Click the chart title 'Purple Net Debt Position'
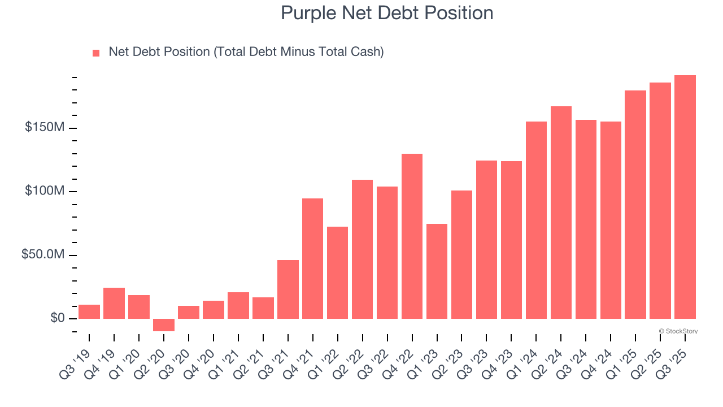387,13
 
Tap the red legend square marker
96,53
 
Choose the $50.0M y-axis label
43,255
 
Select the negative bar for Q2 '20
164,325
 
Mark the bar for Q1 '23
437,271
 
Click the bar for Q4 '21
312,258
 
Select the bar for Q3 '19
89,311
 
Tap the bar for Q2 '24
561,213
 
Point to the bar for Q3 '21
288,289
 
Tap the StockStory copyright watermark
678,331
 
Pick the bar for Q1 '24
536,220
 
